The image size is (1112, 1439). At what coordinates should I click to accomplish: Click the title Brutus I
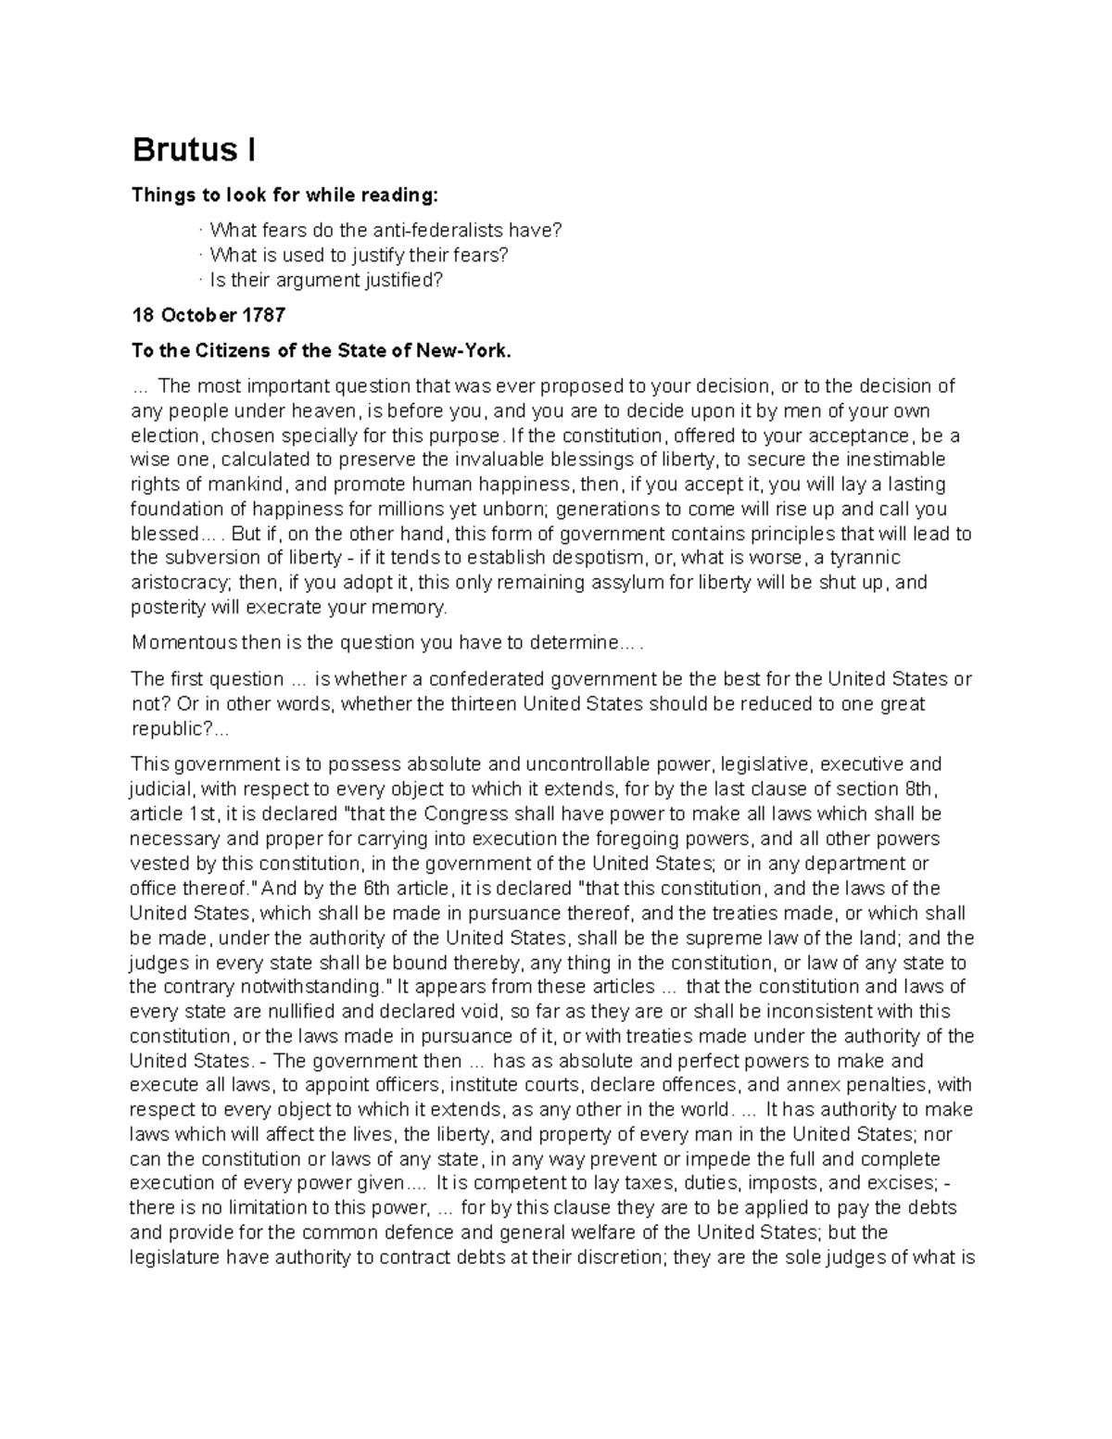click(x=195, y=150)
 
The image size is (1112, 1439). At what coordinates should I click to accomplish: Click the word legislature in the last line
click(x=174, y=1257)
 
